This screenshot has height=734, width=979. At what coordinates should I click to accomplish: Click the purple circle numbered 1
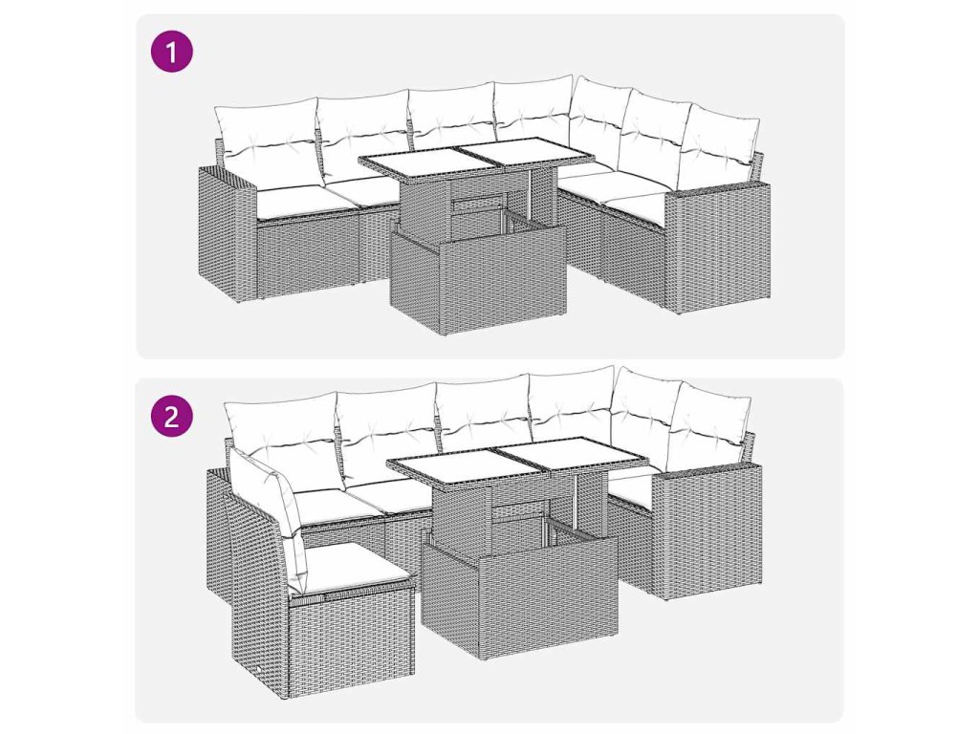(x=172, y=52)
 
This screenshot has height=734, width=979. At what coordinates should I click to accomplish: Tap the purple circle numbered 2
(x=172, y=416)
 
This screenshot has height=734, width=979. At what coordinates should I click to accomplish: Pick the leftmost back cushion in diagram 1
(x=268, y=133)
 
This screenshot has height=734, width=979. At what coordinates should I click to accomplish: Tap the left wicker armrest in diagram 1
(x=228, y=234)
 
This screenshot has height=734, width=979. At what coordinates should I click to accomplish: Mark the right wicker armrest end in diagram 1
(x=717, y=248)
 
